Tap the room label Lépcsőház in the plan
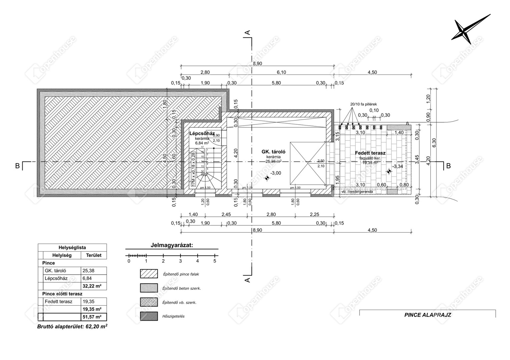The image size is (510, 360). [202, 133]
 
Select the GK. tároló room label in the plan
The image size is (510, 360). [273, 152]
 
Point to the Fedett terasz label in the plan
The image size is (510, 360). [370, 153]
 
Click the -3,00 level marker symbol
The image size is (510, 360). [267, 178]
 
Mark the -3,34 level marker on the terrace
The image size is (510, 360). [389, 171]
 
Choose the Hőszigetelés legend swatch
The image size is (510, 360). [149, 316]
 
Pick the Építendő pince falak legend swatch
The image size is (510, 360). [149, 274]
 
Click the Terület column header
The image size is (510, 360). [93, 255]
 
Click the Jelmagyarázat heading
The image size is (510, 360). [172, 245]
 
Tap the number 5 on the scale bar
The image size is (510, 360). [215, 261]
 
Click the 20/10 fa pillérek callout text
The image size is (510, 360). [363, 104]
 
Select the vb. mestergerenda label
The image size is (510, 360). [357, 192]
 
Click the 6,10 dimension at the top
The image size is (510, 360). [281, 72]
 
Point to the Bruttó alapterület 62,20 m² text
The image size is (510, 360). [72, 327]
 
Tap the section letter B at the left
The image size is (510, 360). [17, 166]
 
